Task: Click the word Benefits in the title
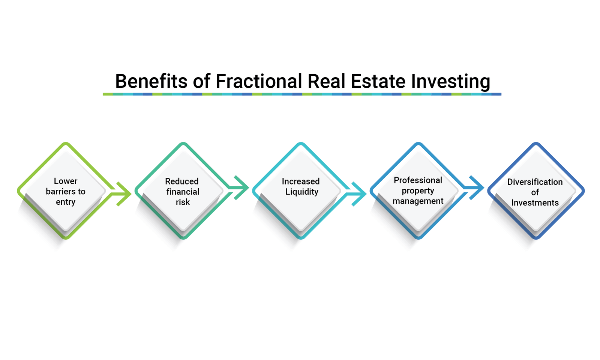(x=151, y=81)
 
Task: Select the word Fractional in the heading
(x=259, y=81)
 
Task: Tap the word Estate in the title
(x=378, y=81)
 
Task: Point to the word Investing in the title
(x=450, y=82)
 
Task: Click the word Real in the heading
(x=326, y=81)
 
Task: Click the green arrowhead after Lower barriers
(x=124, y=194)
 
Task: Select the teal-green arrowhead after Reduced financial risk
(x=241, y=188)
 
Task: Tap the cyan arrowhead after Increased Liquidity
(x=359, y=194)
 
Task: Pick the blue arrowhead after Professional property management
(x=477, y=188)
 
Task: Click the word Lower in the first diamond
(x=66, y=181)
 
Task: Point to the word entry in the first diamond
(x=66, y=202)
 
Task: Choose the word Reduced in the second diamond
(x=182, y=181)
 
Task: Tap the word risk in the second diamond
(x=183, y=202)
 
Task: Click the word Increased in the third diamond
(x=301, y=181)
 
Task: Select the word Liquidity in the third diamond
(x=302, y=192)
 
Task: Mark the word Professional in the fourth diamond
(x=418, y=180)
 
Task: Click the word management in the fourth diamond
(x=418, y=201)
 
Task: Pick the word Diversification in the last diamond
(x=535, y=182)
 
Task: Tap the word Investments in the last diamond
(x=535, y=203)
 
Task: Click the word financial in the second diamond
(x=183, y=192)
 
